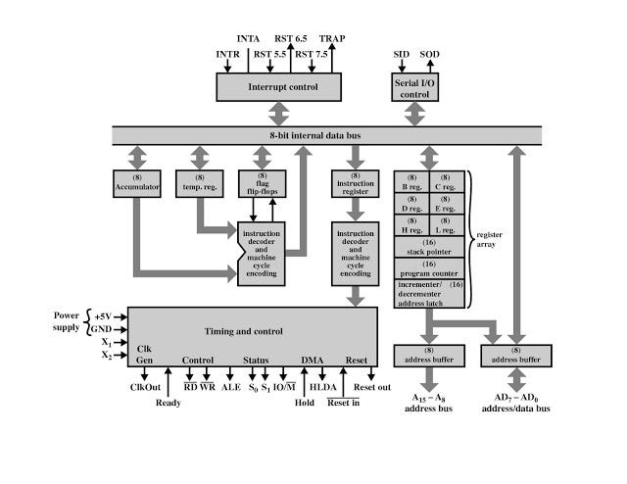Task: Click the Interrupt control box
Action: tap(281, 86)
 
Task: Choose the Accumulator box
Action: tap(135, 182)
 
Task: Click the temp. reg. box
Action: tap(199, 182)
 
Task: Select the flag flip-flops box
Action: tap(262, 182)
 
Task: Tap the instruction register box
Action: tap(356, 182)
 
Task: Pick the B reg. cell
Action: tap(411, 181)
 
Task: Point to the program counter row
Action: tap(428, 269)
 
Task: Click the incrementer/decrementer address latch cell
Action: tap(428, 292)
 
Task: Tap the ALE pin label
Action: tap(230, 387)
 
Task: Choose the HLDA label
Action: tap(322, 387)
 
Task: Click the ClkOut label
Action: tap(145, 387)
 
